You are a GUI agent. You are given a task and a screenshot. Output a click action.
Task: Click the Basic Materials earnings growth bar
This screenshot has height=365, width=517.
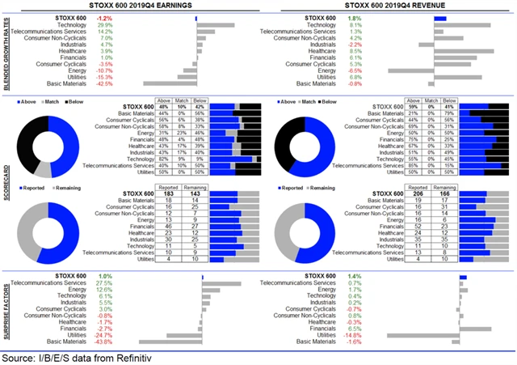click(170, 83)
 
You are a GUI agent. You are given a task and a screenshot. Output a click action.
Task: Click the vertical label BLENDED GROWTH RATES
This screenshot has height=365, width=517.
click(7, 51)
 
